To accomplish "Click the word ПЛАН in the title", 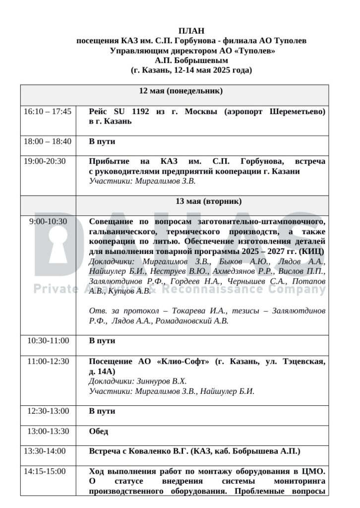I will (191, 31).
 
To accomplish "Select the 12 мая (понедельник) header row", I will (180, 91).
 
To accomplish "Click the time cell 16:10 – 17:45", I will (48, 112).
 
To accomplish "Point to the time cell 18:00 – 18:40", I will (48, 141).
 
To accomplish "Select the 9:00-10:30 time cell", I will (48, 222).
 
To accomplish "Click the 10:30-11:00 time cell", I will (48, 341).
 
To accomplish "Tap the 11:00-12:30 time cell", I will (48, 361).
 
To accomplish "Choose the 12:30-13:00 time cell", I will (48, 411).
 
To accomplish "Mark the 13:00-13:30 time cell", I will (48, 431).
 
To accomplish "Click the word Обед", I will (98, 432).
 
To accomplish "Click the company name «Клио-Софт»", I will (184, 361).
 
